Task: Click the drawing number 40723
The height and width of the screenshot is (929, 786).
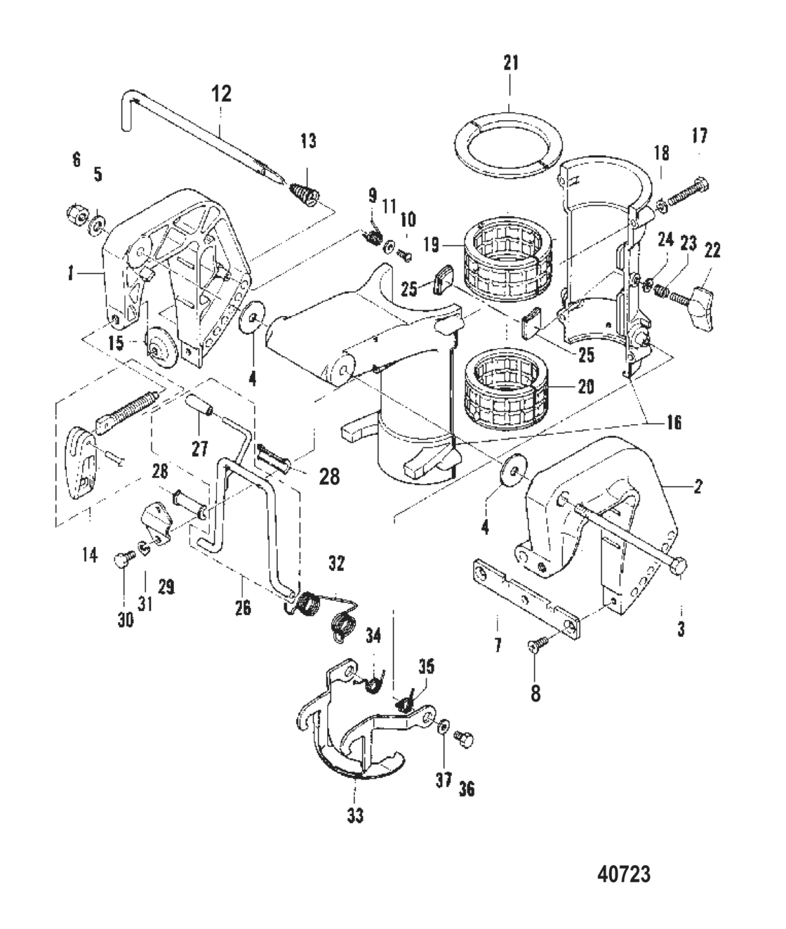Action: tap(623, 874)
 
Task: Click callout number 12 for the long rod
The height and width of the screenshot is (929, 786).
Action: tap(221, 94)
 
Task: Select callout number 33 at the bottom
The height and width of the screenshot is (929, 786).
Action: tap(355, 816)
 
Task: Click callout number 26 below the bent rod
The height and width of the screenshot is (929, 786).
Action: tap(243, 606)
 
